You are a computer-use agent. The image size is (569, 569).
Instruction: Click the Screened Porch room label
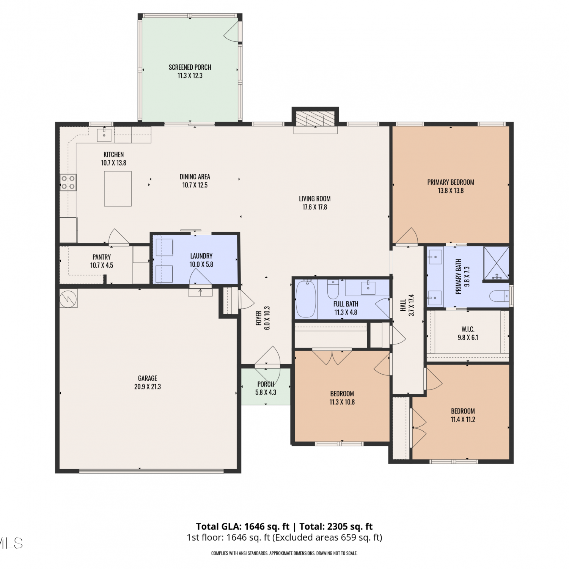(x=190, y=67)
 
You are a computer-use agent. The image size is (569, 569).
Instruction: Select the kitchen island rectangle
(x=118, y=189)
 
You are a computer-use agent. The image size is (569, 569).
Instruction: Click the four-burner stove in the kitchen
(x=68, y=182)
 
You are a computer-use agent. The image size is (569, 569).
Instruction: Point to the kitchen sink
(x=104, y=135)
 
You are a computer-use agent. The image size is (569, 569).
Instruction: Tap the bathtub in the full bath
(x=306, y=299)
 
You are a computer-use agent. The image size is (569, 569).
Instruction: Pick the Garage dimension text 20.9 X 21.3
(x=148, y=387)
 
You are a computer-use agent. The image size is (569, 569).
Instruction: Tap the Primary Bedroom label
(x=451, y=182)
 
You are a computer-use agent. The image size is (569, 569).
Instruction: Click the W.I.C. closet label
(x=468, y=329)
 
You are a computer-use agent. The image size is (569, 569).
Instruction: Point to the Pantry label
(x=102, y=257)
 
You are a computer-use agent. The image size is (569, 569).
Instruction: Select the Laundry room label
(x=201, y=256)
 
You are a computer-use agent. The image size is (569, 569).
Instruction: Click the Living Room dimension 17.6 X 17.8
(x=314, y=207)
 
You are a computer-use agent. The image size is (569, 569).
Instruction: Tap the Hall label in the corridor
(x=403, y=305)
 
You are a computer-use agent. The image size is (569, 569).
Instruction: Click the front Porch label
(x=266, y=384)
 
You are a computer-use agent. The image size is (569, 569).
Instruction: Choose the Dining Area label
(x=195, y=176)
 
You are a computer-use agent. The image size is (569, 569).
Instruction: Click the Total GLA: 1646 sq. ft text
(x=243, y=527)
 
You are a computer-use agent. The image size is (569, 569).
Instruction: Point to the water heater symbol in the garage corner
(x=69, y=298)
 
